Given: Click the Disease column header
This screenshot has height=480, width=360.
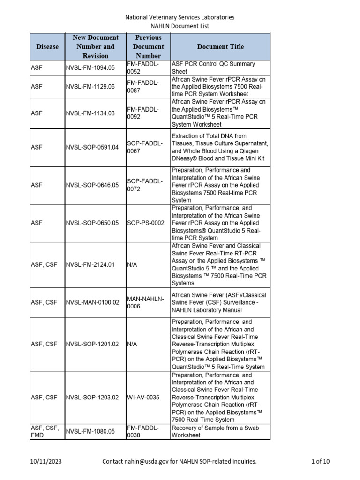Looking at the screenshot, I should point(47,47).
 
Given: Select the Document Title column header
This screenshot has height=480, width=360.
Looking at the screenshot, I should point(220,47).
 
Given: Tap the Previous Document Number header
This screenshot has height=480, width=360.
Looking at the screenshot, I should point(148,47).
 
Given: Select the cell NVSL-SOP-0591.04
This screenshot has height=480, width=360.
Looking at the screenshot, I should point(92,147).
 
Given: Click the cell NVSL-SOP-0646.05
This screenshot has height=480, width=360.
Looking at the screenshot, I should point(92,185).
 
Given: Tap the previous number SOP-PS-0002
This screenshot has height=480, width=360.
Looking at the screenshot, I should point(146,223).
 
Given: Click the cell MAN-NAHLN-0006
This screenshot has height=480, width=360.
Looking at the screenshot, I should point(145,302).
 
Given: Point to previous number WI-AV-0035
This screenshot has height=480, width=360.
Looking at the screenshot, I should point(143,397).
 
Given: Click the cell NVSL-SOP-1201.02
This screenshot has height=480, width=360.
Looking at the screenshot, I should point(92,344).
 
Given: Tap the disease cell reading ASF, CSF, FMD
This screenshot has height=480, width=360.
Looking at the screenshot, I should point(45,431).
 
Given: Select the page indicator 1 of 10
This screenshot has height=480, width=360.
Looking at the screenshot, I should point(321,462).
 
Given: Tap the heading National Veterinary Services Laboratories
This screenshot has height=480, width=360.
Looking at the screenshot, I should point(180,17).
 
